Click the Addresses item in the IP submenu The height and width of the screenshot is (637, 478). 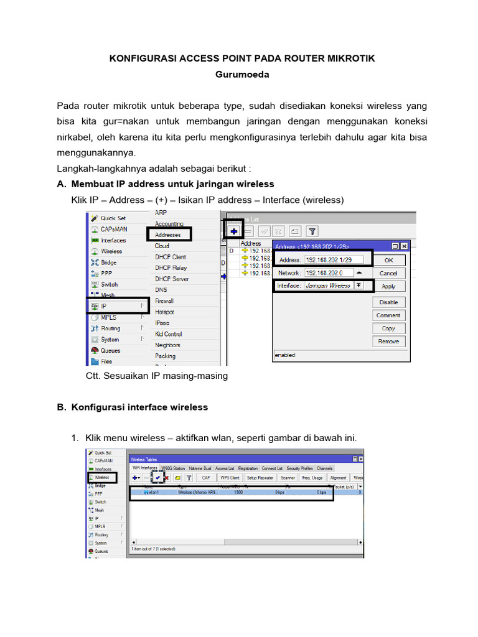pyautogui.click(x=168, y=235)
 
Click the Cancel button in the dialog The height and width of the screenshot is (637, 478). pyautogui.click(x=388, y=273)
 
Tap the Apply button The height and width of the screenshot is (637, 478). pyautogui.click(x=388, y=286)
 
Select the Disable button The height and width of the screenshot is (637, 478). pyautogui.click(x=388, y=302)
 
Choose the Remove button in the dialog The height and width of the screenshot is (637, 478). pyautogui.click(x=388, y=342)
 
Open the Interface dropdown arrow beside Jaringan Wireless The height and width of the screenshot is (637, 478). pyautogui.click(x=359, y=286)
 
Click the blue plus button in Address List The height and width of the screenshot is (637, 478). pyautogui.click(x=234, y=231)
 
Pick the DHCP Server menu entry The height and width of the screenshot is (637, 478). pyautogui.click(x=172, y=279)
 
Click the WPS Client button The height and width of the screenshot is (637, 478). pyautogui.click(x=229, y=478)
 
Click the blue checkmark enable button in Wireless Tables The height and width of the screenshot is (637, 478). pyautogui.click(x=158, y=478)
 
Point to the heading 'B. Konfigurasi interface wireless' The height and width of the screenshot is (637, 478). pyautogui.click(x=132, y=407)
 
